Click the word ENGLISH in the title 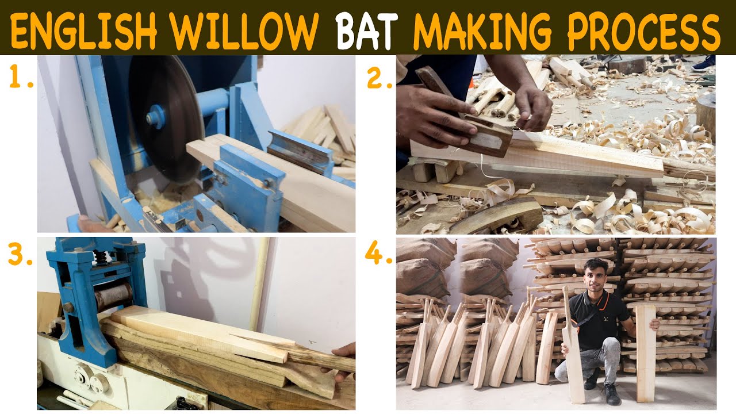[x=84, y=31]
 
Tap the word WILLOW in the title [x=245, y=31]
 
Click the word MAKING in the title [x=482, y=31]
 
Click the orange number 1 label [x=20, y=76]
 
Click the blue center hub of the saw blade [x=155, y=117]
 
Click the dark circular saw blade [x=166, y=118]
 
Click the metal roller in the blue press [x=113, y=297]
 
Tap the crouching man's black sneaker [x=611, y=394]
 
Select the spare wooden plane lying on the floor [x=496, y=215]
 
